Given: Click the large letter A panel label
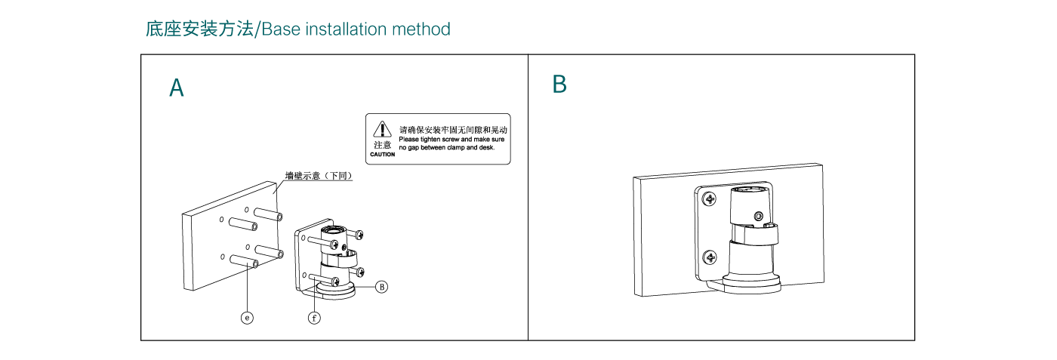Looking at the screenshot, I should [176, 88].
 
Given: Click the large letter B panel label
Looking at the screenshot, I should [559, 85].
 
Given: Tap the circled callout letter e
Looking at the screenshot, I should [247, 318].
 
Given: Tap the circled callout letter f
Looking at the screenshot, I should [314, 318].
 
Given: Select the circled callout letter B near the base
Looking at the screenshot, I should [382, 286].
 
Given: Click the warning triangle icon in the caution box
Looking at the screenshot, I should [383, 129].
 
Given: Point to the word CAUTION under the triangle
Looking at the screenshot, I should [382, 154].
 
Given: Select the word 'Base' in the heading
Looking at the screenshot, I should [280, 29].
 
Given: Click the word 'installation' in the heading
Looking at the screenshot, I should [345, 29].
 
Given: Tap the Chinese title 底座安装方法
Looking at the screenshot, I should [200, 29].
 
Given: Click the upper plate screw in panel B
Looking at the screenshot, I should [709, 200].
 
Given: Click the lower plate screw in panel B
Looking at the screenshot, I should [710, 258].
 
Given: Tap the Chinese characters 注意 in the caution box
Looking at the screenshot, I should [382, 144].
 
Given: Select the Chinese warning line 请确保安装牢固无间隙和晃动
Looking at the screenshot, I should [453, 130].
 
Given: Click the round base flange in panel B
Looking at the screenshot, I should [751, 282].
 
